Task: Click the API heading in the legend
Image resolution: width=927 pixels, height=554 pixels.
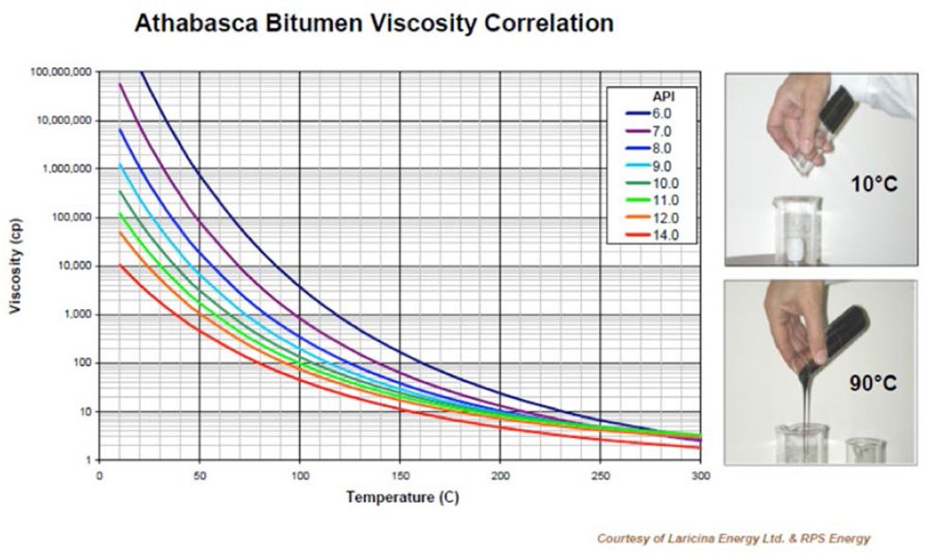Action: [x=662, y=95]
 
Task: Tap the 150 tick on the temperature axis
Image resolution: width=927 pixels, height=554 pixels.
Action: [x=399, y=476]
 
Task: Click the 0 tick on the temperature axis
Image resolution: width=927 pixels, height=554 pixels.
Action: [x=99, y=476]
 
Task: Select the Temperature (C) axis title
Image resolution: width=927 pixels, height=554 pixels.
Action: [x=397, y=496]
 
